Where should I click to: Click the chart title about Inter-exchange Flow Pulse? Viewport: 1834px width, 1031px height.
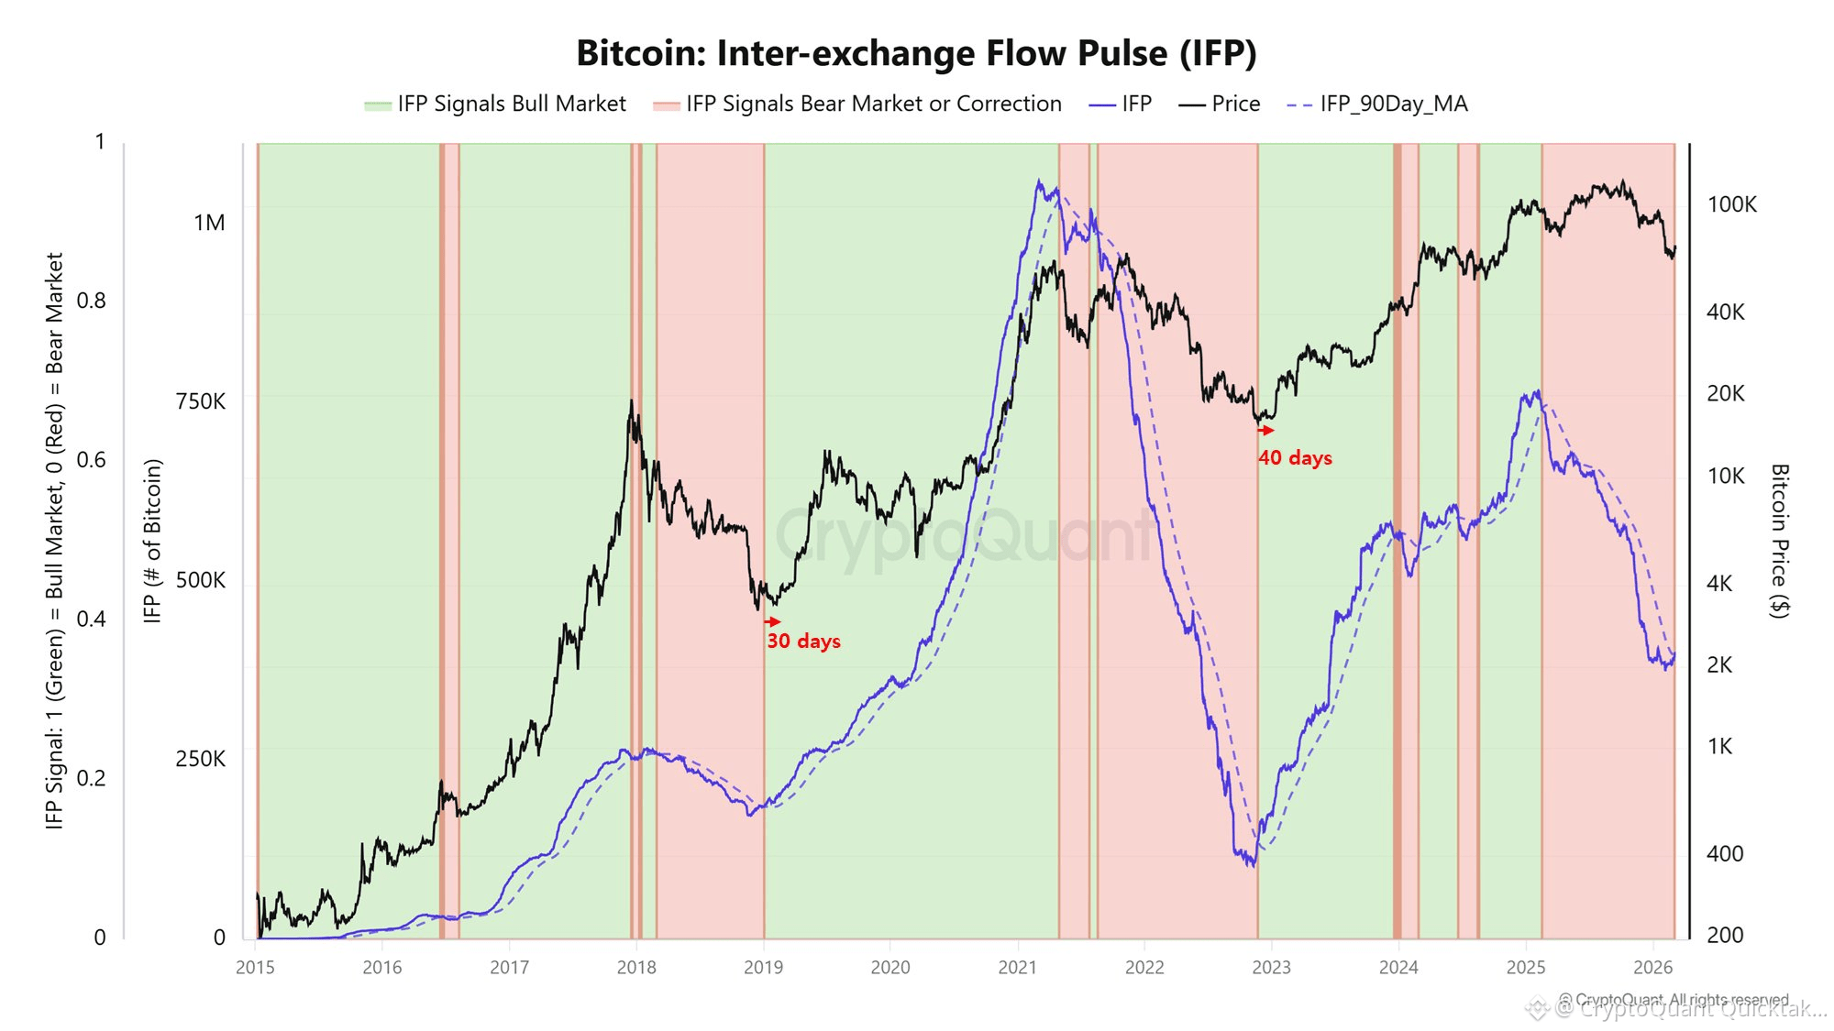click(x=916, y=53)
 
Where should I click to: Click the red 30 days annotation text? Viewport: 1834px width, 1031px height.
click(x=803, y=642)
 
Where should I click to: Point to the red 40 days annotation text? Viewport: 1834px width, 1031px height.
click(x=1295, y=458)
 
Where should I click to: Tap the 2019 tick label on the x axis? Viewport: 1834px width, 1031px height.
click(x=763, y=968)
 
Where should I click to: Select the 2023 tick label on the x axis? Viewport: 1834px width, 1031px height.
click(x=1271, y=968)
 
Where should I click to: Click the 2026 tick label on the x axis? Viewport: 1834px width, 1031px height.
click(x=1652, y=968)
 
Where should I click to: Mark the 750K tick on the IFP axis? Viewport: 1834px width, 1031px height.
click(x=200, y=401)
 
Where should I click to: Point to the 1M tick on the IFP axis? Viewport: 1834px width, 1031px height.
click(x=209, y=223)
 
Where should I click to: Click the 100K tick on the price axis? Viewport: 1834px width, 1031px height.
click(x=1731, y=204)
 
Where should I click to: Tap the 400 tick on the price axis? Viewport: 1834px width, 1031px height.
click(x=1724, y=854)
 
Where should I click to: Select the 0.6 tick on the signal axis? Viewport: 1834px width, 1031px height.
click(x=91, y=460)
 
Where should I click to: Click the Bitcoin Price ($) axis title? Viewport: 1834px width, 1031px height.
click(x=1779, y=541)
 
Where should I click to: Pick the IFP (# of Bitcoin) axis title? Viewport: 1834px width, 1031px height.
click(x=152, y=541)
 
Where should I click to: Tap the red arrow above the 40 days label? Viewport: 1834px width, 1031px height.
click(x=1266, y=430)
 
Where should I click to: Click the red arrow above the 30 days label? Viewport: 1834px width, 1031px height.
click(x=773, y=621)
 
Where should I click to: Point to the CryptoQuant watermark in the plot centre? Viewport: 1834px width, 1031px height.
click(x=963, y=536)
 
